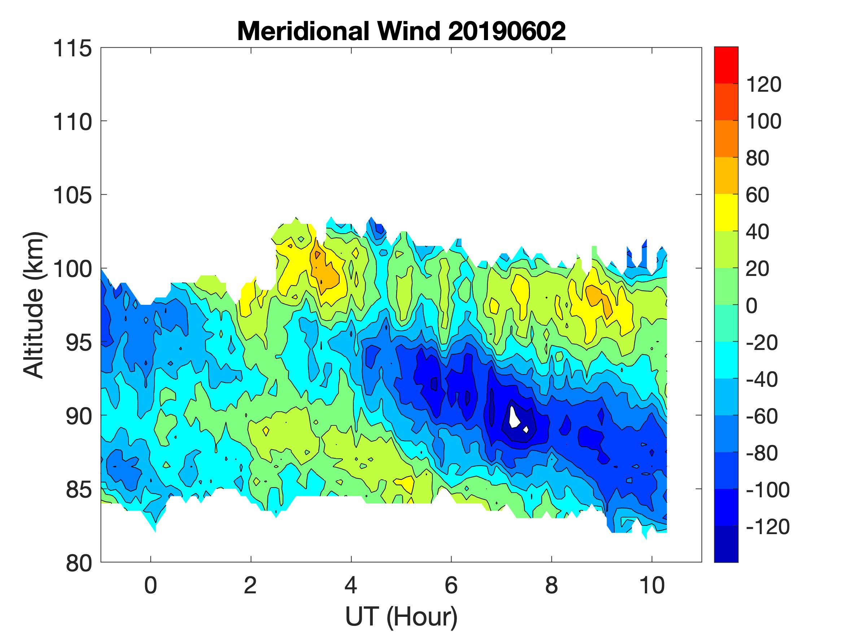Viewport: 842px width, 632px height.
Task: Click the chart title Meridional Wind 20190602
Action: (x=401, y=31)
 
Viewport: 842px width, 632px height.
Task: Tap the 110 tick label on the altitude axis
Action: (x=72, y=122)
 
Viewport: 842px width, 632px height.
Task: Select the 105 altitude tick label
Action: (x=72, y=195)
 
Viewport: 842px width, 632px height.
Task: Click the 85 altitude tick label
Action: (x=78, y=489)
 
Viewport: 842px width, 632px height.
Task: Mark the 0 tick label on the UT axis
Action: (x=151, y=585)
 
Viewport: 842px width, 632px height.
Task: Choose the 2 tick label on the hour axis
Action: (x=250, y=585)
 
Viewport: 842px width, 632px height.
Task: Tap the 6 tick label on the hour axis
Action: (x=451, y=585)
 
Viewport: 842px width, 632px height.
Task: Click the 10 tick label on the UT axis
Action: (x=652, y=585)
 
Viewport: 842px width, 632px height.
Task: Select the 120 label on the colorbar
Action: (x=764, y=85)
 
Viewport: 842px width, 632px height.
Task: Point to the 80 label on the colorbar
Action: (x=758, y=158)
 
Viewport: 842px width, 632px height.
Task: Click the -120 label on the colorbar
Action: (x=767, y=527)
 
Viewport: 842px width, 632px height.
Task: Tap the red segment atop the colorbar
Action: (x=726, y=65)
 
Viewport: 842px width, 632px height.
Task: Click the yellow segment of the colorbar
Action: (x=726, y=213)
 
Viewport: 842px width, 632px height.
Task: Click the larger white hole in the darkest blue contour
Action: (x=514, y=417)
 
